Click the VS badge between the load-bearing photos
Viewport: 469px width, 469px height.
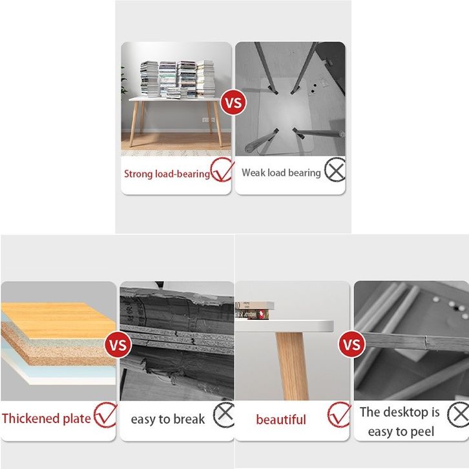(x=233, y=102)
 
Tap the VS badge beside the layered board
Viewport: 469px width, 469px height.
(x=118, y=344)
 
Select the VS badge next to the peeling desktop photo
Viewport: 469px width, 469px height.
(x=351, y=344)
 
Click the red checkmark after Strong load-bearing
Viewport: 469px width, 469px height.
(x=222, y=170)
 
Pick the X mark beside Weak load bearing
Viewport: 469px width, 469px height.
(x=335, y=170)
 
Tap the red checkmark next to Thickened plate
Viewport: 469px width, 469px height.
(x=105, y=415)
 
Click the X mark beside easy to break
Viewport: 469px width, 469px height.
(x=224, y=415)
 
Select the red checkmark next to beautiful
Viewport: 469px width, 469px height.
(x=339, y=415)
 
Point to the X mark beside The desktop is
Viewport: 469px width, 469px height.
(x=458, y=415)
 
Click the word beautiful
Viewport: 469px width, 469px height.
(x=281, y=419)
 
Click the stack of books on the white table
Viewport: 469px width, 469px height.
(x=178, y=79)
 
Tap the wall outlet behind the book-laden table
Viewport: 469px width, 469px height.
(x=208, y=120)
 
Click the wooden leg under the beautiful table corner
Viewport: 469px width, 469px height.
(x=292, y=366)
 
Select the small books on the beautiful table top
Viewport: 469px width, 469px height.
(x=255, y=310)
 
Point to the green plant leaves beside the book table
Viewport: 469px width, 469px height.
(x=123, y=81)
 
